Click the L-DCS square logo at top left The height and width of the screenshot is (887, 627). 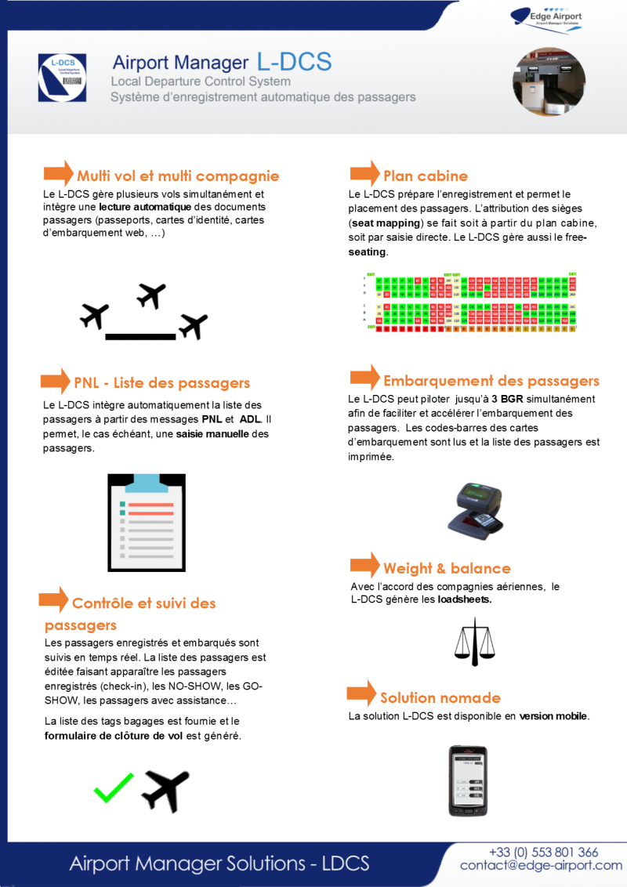click(62, 78)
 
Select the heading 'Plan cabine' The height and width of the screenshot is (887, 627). click(425, 176)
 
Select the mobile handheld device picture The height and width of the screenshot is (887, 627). click(468, 780)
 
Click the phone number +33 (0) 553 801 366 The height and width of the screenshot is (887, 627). click(543, 852)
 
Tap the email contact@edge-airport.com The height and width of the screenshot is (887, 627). click(541, 865)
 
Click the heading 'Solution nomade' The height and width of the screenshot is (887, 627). click(440, 697)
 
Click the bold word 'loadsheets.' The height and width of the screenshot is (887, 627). click(465, 599)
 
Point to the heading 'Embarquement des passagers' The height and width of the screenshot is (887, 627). click(491, 381)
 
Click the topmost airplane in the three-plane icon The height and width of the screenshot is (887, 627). click(150, 295)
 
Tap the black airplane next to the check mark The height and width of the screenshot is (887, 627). click(165, 790)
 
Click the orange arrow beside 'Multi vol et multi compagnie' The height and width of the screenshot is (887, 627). click(58, 173)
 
